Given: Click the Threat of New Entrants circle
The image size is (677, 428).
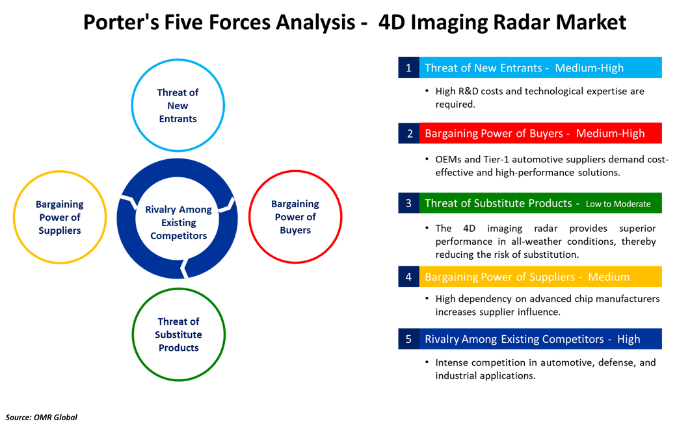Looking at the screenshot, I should coord(178,105).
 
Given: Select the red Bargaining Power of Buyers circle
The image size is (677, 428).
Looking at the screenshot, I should coord(295,217).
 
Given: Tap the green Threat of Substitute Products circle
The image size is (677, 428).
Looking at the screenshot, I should coord(178,334).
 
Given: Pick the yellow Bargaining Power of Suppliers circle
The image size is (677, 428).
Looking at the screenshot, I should coord(60,217).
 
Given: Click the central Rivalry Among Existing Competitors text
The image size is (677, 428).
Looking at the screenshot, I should coord(178,223).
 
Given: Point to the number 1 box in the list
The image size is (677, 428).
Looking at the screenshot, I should coord(408,68).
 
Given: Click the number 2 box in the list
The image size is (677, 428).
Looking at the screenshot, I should coord(408,134).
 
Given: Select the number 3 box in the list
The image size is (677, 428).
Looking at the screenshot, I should coord(408,203).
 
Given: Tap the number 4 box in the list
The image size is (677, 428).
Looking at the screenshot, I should coord(408,277).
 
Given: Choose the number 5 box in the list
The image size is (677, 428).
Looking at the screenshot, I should coord(408,339).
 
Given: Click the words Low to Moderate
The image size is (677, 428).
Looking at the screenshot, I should coord(618,204).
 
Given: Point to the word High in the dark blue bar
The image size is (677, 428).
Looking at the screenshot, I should coord(628,339).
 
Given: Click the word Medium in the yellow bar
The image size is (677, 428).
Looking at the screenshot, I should coord(609,277).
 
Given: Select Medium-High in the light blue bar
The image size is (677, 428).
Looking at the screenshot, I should coord(589,68).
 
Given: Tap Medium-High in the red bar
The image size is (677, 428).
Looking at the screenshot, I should coord(610,134).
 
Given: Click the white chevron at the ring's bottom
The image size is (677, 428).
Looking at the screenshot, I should coord(185,267).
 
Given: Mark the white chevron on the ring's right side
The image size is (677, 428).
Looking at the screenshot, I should coord(226,205).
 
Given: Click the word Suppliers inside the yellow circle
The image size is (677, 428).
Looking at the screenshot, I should coord(60,230).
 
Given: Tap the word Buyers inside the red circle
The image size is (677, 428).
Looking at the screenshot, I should coord(295,230).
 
